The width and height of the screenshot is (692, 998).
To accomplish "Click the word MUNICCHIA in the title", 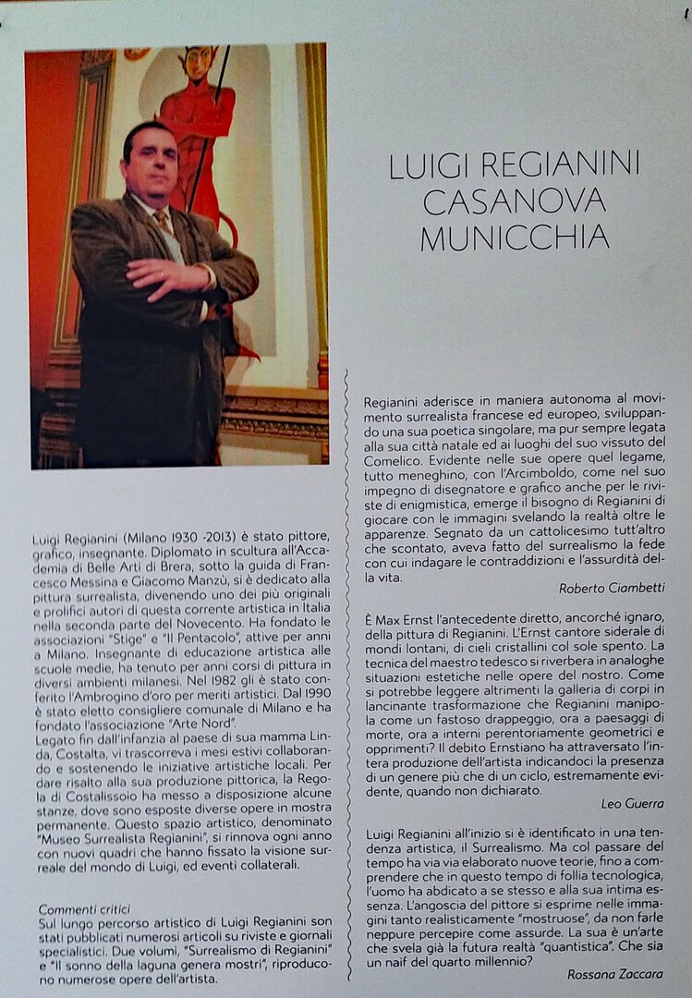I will (515, 237).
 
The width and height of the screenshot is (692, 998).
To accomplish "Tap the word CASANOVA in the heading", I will (515, 200).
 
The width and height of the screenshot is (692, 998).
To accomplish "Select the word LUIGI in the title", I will (431, 164).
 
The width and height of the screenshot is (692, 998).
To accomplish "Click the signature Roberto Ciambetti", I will (612, 588).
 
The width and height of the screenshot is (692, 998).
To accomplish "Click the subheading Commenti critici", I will (84, 908).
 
